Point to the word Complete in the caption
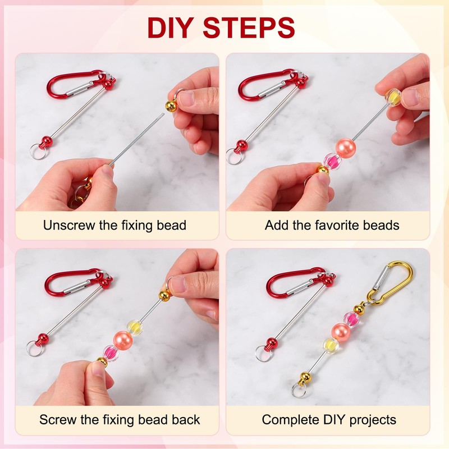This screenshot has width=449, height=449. [x=290, y=419]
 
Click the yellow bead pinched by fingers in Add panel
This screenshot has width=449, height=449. [x=393, y=97]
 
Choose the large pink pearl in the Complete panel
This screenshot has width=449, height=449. [x=341, y=331]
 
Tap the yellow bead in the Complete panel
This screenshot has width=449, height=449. [x=331, y=345]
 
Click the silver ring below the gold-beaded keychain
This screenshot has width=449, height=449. [x=299, y=390]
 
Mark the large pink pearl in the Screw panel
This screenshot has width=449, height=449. [x=123, y=338]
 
